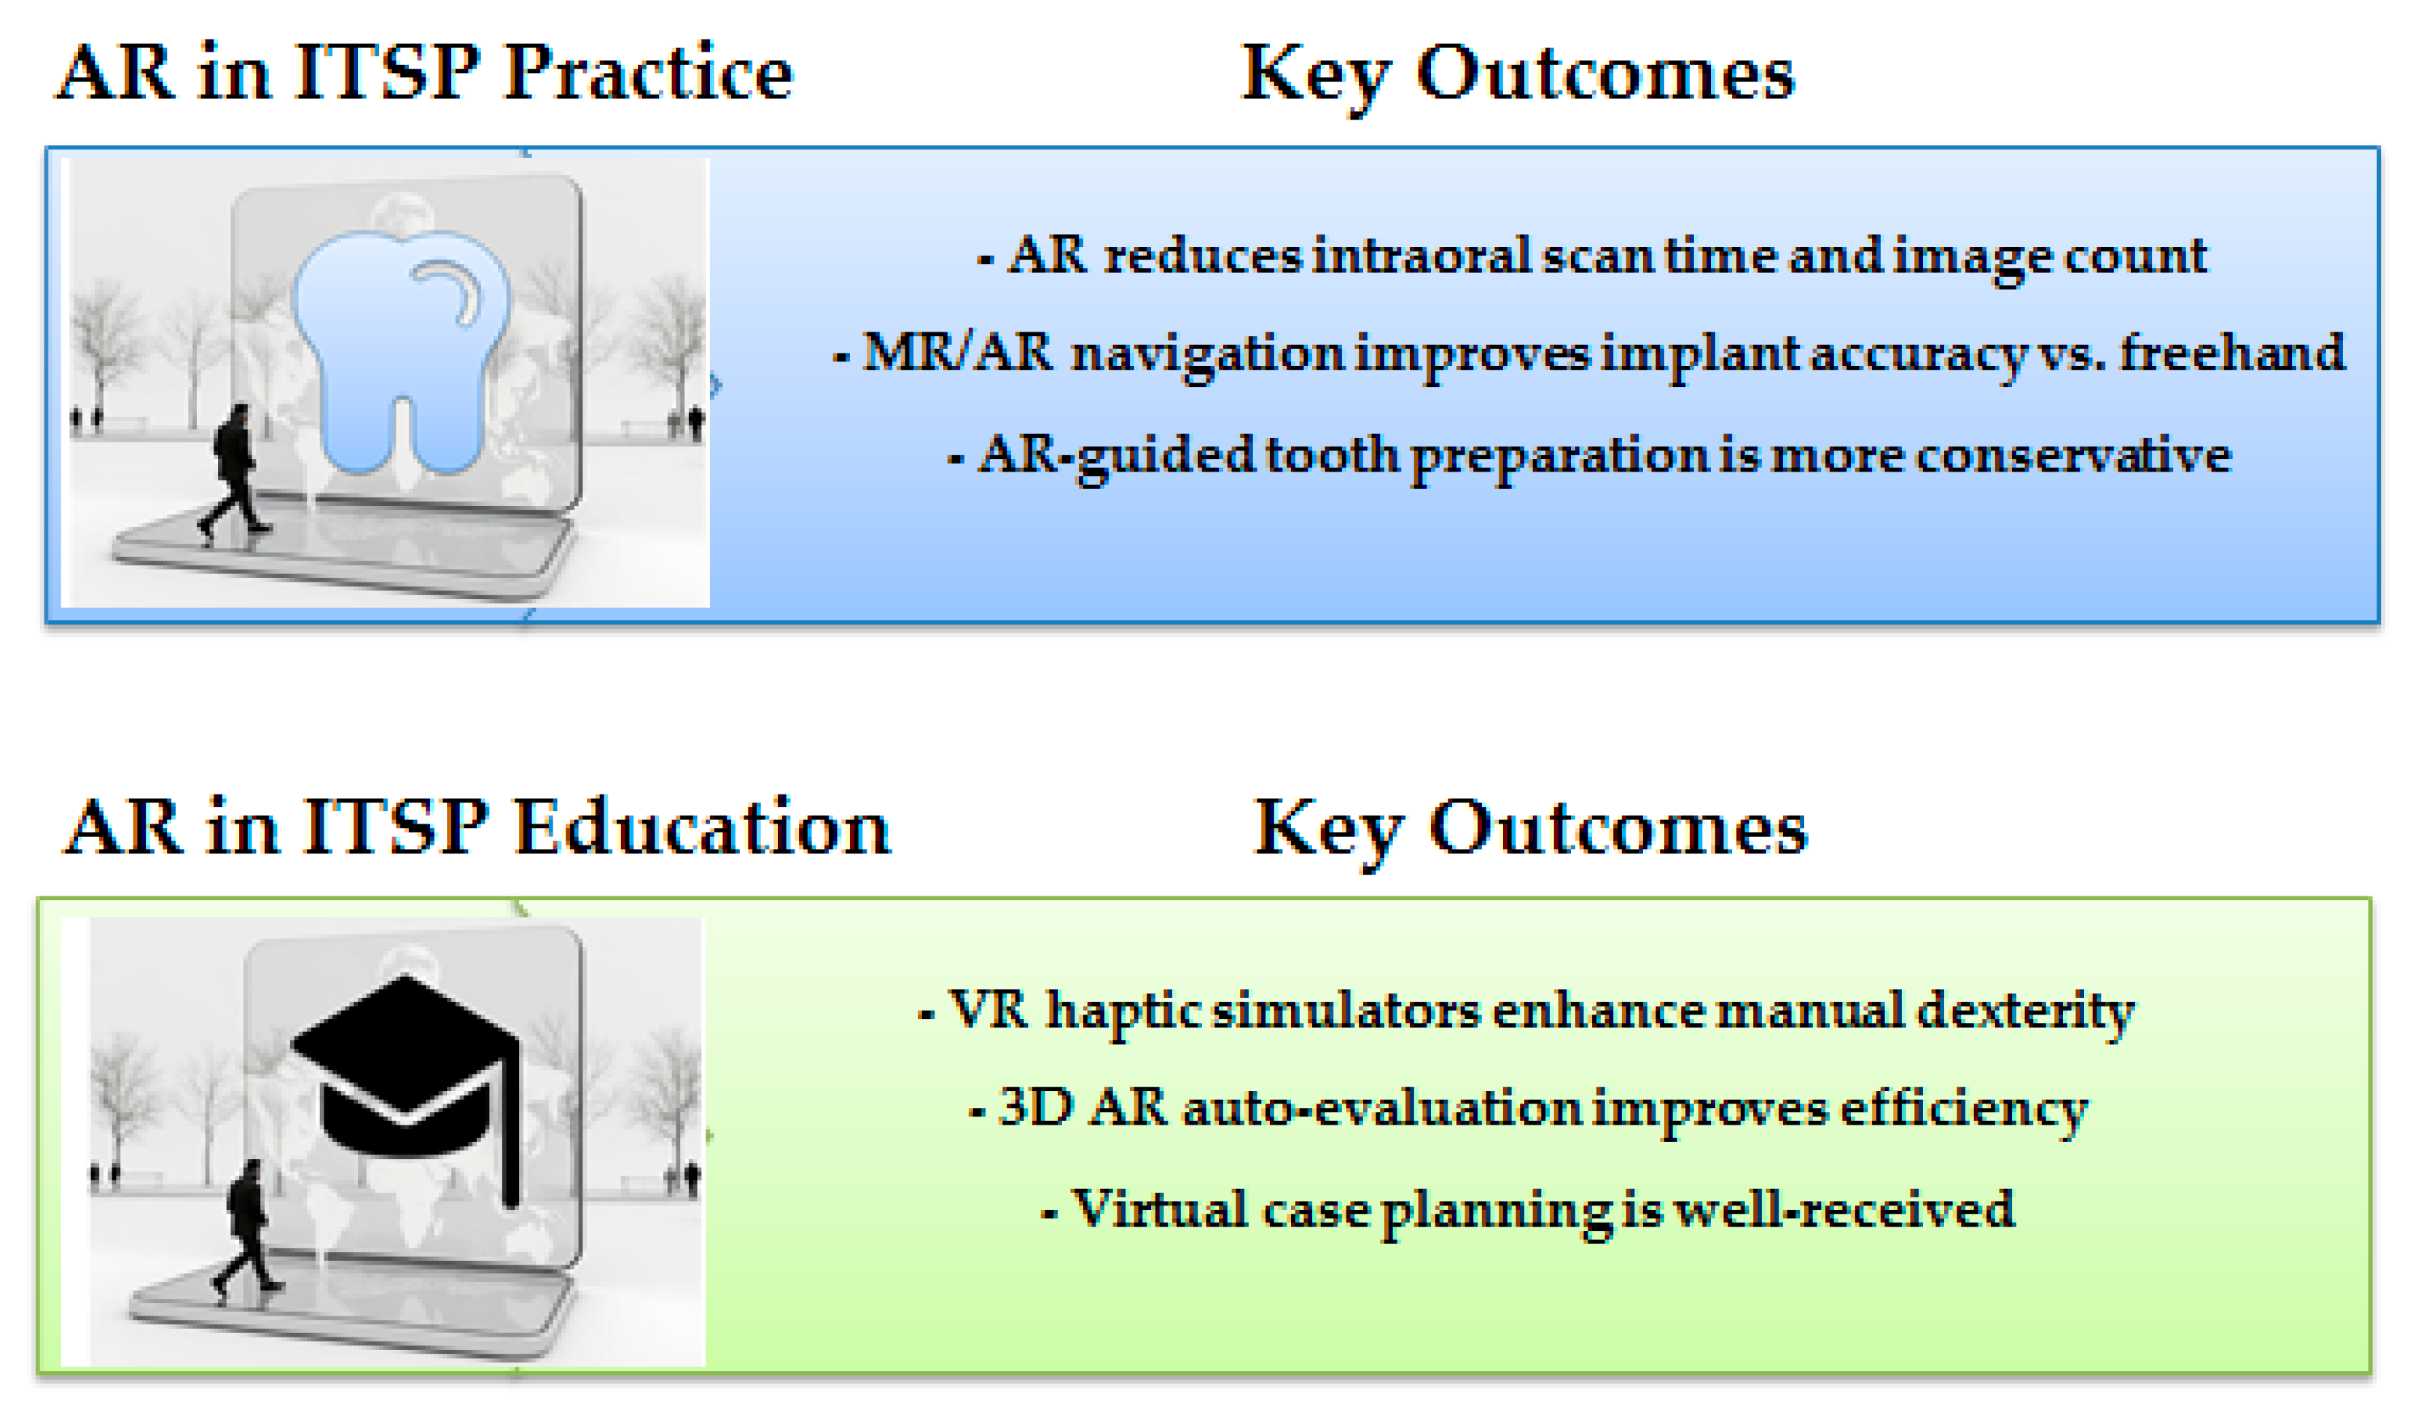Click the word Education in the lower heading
[703, 827]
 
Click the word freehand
[2232, 352]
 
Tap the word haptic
[1123, 1012]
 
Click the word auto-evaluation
[1381, 1109]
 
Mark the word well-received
[1844, 1209]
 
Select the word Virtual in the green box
[1159, 1209]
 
